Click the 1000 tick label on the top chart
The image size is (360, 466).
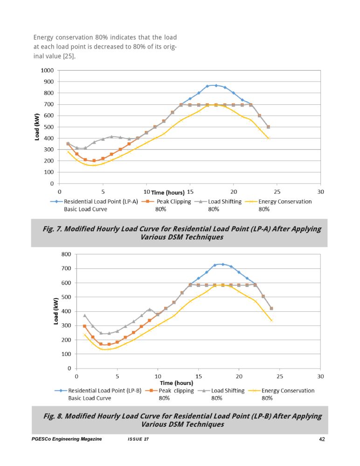[x=47, y=70]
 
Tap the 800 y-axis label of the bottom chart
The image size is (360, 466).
[x=66, y=254]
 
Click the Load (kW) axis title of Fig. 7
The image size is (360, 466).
[x=37, y=127]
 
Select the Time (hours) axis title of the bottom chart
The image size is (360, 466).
[x=176, y=383]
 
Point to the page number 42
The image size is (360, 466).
[x=322, y=439]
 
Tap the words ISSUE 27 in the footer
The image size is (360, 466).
[x=138, y=439]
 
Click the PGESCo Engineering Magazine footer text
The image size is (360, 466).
[x=67, y=439]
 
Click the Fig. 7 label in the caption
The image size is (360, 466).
[x=52, y=229]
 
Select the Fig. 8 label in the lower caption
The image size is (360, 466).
[x=53, y=416]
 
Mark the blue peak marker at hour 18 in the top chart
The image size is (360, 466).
[x=216, y=86]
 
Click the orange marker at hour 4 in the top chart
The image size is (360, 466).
[x=94, y=161]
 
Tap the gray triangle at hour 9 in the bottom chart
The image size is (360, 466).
[x=150, y=309]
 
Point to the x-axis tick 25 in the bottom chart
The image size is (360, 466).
[x=280, y=376]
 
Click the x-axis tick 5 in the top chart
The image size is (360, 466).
[x=103, y=192]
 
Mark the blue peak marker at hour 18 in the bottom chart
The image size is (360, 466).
[x=223, y=264]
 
